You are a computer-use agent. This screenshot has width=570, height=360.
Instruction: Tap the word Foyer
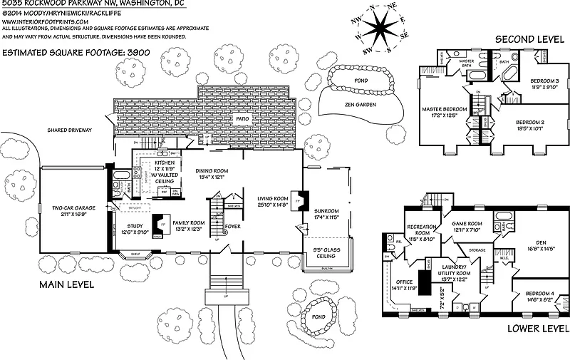point(232,227)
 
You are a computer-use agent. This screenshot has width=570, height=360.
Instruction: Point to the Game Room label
point(467,226)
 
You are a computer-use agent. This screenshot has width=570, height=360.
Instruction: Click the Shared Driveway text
point(68,130)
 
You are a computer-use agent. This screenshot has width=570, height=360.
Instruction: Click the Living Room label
point(273,201)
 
